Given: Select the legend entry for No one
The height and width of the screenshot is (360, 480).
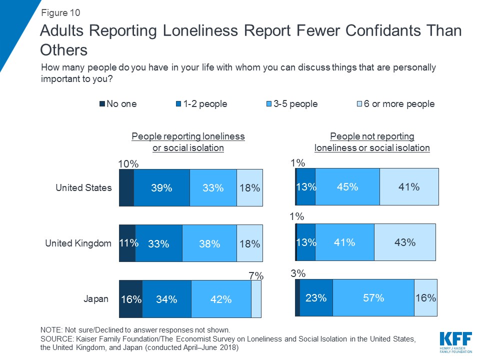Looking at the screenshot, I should point(118,104).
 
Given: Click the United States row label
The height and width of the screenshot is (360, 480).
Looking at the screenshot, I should point(83,188).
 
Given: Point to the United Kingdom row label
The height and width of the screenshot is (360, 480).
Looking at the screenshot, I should point(78,243).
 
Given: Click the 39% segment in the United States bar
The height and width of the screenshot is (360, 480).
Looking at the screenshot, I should point(161,188).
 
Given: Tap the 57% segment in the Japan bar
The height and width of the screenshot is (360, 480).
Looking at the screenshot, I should point(373,298).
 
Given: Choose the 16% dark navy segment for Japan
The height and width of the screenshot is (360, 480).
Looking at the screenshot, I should point(130,299).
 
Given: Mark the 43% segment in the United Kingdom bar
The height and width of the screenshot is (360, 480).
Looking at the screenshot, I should point(404,242).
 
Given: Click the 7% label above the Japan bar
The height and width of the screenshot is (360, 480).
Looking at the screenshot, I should point(256,275).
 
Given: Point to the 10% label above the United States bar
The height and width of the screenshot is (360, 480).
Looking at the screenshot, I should point(127,163).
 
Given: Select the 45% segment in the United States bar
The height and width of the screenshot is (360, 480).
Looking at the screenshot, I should point(347,187).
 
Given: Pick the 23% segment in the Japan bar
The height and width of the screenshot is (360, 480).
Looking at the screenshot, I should point(316,298).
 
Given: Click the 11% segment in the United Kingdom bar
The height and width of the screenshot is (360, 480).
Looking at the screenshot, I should point(127,243).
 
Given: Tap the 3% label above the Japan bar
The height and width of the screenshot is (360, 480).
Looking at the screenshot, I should point(298,273).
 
